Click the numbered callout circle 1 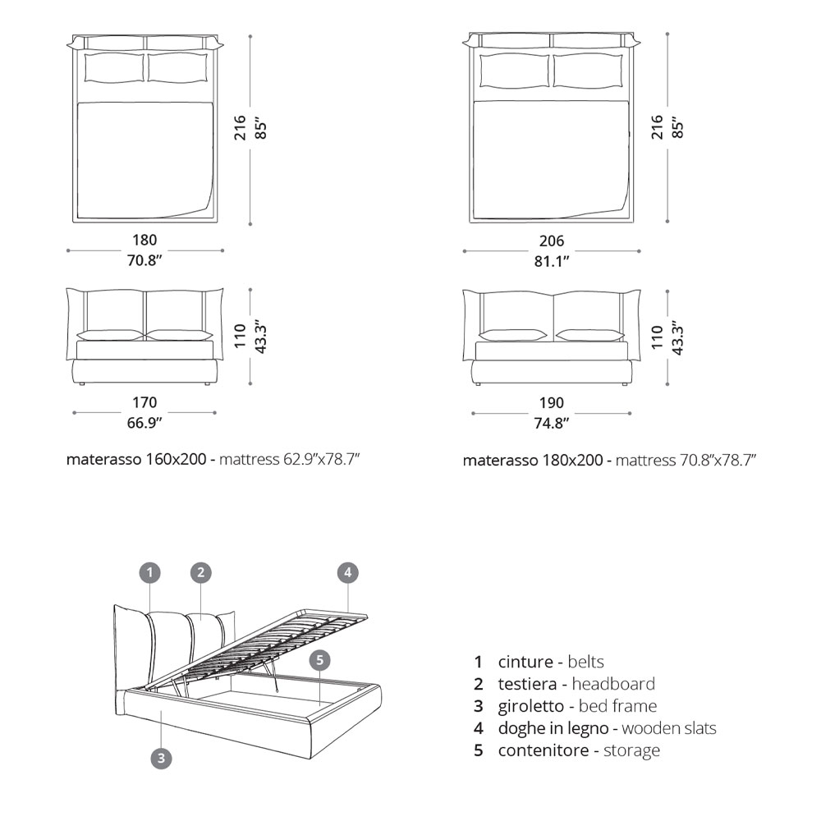(x=149, y=572)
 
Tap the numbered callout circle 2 (x=201, y=572)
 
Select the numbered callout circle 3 (x=161, y=758)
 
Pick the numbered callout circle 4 (x=347, y=572)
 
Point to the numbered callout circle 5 (x=320, y=660)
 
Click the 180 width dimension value (x=144, y=240)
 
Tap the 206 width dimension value (x=552, y=241)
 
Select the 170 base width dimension (x=144, y=402)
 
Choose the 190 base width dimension (x=552, y=402)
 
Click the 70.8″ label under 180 (x=144, y=260)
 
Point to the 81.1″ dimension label (x=552, y=261)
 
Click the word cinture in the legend (x=525, y=662)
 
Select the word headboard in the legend (x=613, y=684)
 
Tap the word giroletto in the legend (x=531, y=706)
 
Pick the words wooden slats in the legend (x=669, y=727)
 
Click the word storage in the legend (x=631, y=751)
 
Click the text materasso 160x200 (x=136, y=459)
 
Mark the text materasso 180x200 (x=533, y=461)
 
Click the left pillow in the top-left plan (x=115, y=67)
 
